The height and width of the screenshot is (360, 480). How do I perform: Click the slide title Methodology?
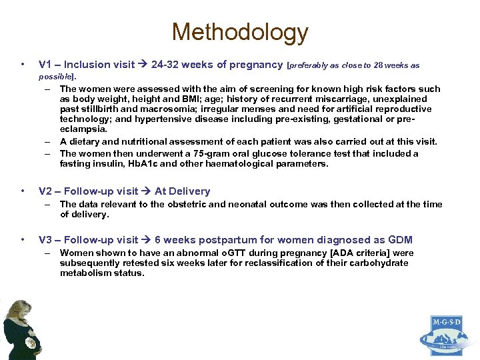click(240, 32)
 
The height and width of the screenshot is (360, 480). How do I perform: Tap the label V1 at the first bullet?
click(46, 65)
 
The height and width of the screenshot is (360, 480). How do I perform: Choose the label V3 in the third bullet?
click(46, 239)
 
